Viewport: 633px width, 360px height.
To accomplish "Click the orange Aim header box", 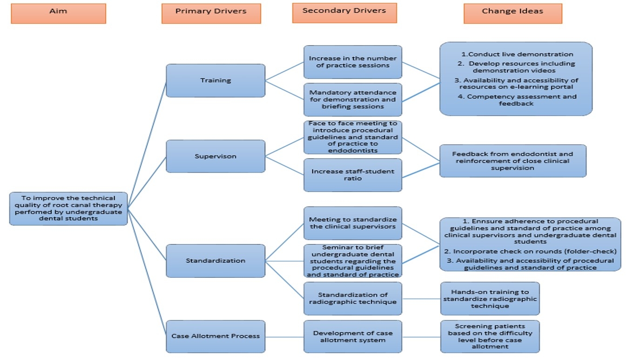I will [x=58, y=13].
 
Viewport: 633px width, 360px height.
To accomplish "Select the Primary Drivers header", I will [x=211, y=13].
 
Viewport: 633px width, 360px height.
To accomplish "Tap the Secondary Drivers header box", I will [x=344, y=13].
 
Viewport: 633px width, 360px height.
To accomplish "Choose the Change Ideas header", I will [x=512, y=13].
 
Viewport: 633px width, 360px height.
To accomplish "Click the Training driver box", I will [x=215, y=80].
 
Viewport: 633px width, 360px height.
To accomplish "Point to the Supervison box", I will [x=215, y=156].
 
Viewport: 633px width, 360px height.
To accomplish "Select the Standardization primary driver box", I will [x=215, y=260].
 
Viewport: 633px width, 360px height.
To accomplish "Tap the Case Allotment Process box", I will [x=215, y=336].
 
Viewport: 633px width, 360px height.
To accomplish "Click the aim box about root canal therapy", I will [x=68, y=208].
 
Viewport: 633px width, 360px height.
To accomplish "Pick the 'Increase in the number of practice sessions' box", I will [x=353, y=62].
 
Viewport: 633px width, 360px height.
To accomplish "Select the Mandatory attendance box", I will [x=353, y=100].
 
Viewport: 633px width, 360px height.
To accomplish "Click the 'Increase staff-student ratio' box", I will [x=353, y=175].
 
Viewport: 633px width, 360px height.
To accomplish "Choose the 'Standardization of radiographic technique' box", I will [x=353, y=298].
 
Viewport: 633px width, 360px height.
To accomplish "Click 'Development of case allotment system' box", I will [x=353, y=336].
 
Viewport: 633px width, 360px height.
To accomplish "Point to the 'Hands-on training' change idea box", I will [x=490, y=298].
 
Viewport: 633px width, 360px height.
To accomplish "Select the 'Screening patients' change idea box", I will [x=490, y=336].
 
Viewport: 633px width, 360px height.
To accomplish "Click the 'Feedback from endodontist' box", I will [x=512, y=160].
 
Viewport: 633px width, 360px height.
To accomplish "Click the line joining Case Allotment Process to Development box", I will [x=284, y=336].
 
